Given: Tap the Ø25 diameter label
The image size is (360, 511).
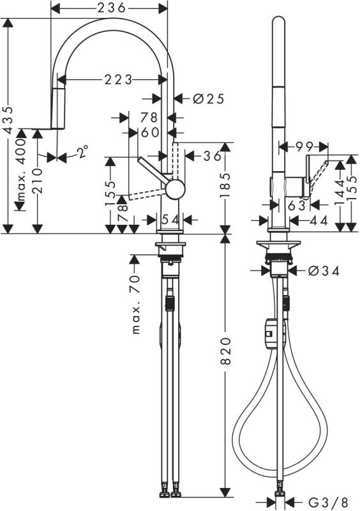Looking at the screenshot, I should [x=208, y=98].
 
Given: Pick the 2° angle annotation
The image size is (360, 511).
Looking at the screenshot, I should [x=82, y=152].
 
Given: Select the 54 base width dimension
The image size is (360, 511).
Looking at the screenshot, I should [x=170, y=219].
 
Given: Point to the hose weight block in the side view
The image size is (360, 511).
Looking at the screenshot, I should [x=270, y=332].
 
